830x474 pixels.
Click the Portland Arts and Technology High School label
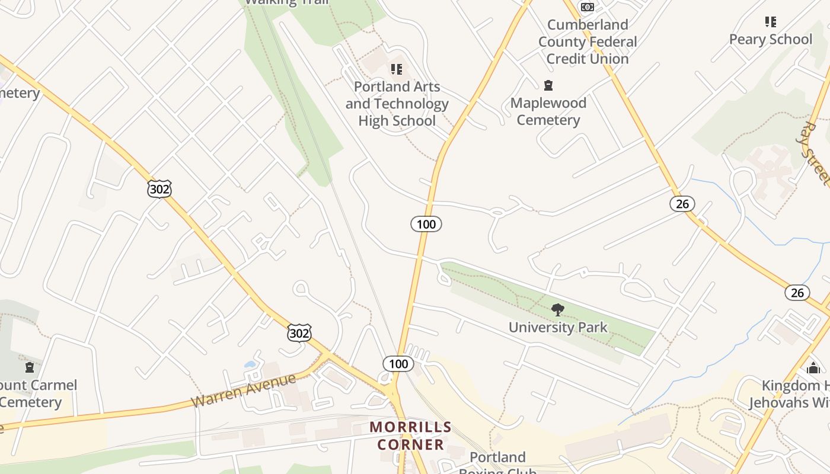tap(397, 104)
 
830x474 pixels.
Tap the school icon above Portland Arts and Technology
tap(397, 70)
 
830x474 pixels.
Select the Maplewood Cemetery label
tap(548, 111)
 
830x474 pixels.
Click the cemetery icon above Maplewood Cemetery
tap(548, 86)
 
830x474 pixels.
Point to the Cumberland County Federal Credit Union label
tap(587, 41)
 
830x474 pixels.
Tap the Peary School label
tap(770, 40)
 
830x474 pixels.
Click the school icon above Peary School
tap(770, 23)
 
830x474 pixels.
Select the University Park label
tap(558, 327)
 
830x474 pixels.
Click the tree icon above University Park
tap(557, 309)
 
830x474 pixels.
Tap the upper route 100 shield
tap(426, 224)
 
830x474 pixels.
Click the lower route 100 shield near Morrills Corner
tap(398, 364)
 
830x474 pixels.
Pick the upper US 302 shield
tap(159, 189)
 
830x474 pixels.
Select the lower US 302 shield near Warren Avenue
tap(299, 333)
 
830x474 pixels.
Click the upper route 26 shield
tap(682, 204)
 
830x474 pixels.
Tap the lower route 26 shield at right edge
tap(797, 292)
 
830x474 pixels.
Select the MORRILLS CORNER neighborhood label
tap(410, 435)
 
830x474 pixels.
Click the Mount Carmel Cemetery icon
tap(30, 368)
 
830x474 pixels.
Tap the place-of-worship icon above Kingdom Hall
tap(813, 369)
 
